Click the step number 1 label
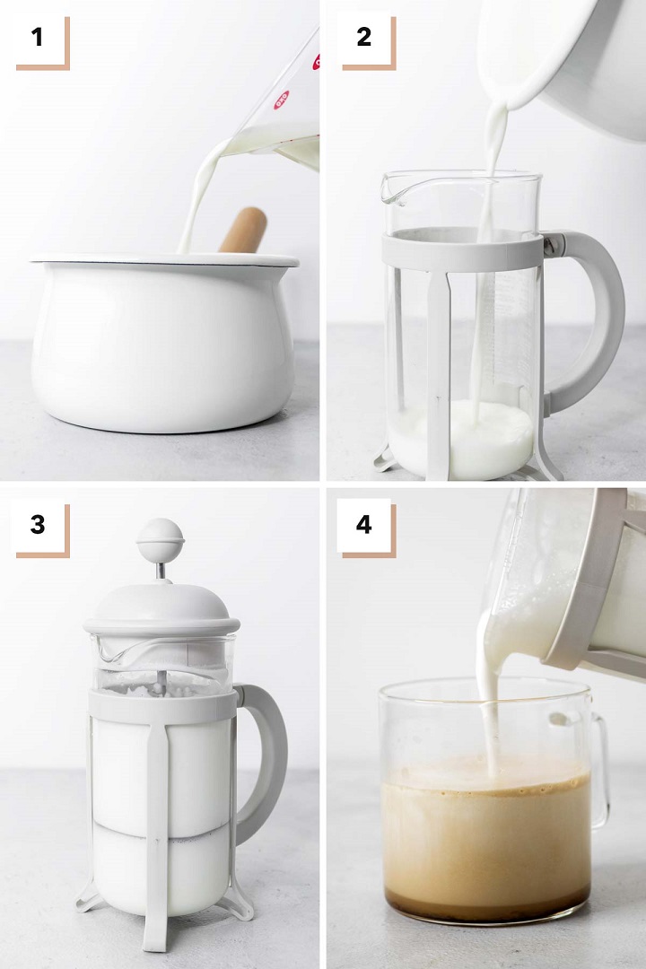(37, 37)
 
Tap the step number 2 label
(364, 37)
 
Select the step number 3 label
(38, 525)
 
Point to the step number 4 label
(364, 525)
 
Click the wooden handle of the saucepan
(243, 230)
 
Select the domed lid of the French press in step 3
(161, 608)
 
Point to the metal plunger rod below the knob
(160, 571)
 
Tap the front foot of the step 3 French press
(154, 927)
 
